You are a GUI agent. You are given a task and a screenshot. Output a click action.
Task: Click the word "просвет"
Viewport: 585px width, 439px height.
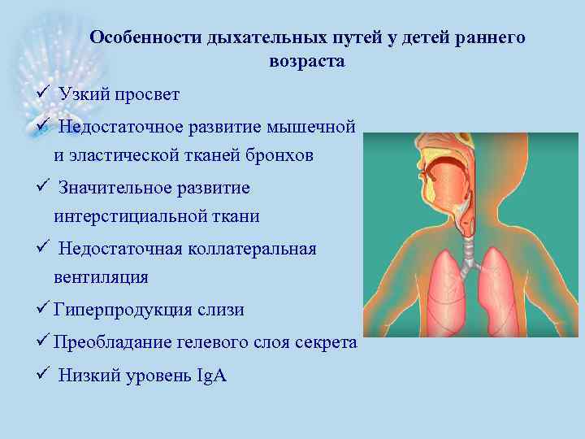point(148,95)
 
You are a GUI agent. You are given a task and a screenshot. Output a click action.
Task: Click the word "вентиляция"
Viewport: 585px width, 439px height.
point(101,277)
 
